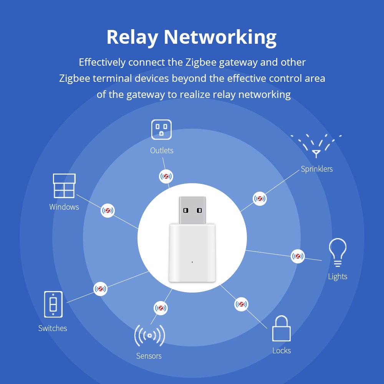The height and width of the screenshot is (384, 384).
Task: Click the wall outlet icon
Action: click(x=161, y=129)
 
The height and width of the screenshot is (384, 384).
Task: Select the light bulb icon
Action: click(x=338, y=253)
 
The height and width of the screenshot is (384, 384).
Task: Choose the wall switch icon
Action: click(x=53, y=305)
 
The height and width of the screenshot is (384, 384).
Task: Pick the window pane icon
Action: click(x=64, y=185)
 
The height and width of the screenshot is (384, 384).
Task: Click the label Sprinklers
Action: click(x=317, y=169)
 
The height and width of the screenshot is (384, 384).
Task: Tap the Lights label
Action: click(x=338, y=276)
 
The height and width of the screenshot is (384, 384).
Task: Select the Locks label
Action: click(x=281, y=351)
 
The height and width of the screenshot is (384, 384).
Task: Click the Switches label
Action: click(x=53, y=328)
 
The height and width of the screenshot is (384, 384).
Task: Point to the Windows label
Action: click(x=64, y=207)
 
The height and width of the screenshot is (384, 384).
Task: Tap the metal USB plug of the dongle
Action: click(x=192, y=210)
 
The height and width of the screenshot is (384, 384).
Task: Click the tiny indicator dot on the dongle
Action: click(x=192, y=262)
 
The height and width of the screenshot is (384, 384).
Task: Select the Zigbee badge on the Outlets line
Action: click(x=166, y=176)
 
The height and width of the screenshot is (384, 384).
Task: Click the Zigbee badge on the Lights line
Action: click(x=298, y=256)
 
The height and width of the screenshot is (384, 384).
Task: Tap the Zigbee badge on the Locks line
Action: click(x=241, y=304)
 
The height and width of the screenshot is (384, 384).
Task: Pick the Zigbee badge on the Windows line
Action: click(x=108, y=210)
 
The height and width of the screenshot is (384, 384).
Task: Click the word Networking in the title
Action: click(x=220, y=38)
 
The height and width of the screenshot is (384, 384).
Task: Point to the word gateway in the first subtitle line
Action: click(x=238, y=63)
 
